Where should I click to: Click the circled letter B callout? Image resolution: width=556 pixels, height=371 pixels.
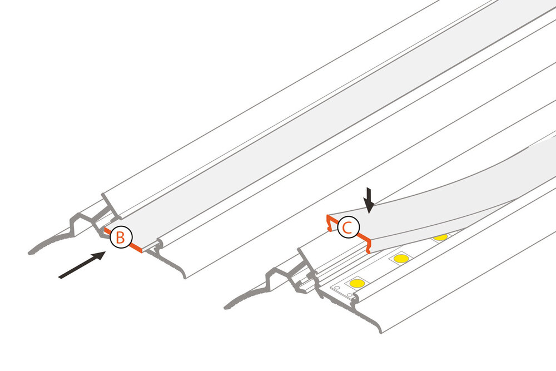121,237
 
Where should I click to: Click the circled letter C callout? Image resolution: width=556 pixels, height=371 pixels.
348,227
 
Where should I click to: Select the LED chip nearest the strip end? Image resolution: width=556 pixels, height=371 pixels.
357,284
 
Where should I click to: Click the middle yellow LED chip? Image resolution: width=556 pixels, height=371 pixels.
399,259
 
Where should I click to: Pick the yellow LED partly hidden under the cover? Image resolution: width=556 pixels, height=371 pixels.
440,238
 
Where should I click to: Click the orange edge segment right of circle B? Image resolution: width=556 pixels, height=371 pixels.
137,248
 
